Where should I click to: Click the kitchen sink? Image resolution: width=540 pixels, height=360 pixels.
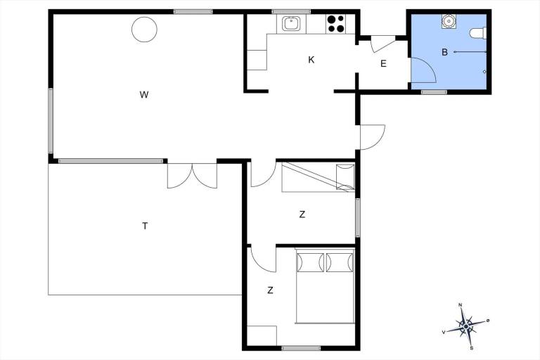(290, 24)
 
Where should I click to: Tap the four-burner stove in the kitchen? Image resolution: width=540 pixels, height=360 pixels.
(335, 24)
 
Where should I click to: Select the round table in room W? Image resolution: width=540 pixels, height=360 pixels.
(144, 30)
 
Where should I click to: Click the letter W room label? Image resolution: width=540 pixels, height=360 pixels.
(144, 94)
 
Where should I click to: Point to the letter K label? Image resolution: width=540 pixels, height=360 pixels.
(311, 60)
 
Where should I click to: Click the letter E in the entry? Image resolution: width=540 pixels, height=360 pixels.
(383, 64)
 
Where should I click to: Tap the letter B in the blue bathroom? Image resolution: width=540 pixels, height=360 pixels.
(444, 52)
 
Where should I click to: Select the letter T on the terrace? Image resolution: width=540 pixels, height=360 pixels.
(145, 226)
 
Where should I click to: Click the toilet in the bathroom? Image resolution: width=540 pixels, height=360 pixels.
(478, 33)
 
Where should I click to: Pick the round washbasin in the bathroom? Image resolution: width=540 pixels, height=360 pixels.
(448, 21)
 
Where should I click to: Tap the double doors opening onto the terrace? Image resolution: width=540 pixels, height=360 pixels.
(192, 176)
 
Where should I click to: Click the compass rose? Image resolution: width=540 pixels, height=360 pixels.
(465, 326)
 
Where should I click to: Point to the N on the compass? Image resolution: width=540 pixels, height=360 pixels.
(460, 305)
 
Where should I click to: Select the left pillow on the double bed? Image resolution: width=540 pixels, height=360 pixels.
(311, 262)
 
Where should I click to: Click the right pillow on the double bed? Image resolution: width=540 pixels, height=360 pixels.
(340, 262)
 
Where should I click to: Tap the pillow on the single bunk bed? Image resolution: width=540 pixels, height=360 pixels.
(345, 177)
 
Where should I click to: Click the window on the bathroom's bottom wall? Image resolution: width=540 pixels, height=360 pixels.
(434, 92)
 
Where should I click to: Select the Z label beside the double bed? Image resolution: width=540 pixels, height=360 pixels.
(270, 290)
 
